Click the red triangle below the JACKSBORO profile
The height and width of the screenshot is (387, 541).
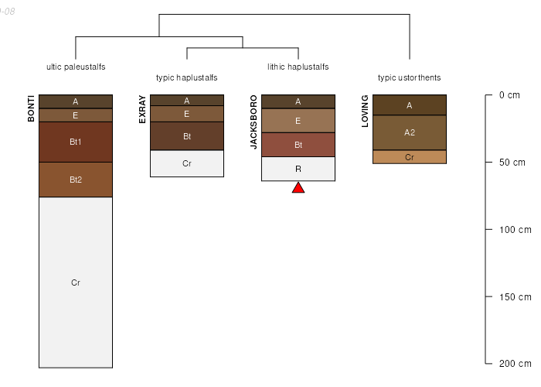[x=298, y=188]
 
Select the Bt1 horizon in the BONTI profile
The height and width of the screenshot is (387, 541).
[x=76, y=142]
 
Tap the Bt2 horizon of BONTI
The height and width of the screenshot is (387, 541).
[x=76, y=180]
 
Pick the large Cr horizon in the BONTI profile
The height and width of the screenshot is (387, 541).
[x=76, y=283]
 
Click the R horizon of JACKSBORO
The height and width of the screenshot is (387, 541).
[x=298, y=169]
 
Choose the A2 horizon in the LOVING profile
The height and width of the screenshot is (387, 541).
[x=410, y=132]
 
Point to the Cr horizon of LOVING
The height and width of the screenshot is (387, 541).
[x=410, y=157]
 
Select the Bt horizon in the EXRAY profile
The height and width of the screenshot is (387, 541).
[x=187, y=136]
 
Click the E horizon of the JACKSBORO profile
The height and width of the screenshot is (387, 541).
[x=298, y=121]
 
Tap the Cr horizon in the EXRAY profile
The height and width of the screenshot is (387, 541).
[x=187, y=163]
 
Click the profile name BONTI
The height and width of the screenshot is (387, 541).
[x=32, y=108]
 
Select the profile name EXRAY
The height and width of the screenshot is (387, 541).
[x=142, y=109]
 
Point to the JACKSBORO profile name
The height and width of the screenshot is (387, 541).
[x=253, y=122]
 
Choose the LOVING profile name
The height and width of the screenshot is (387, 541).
[x=365, y=111]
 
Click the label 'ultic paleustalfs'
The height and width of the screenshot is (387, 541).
[x=76, y=67]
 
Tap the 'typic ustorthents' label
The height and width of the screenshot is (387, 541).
[x=410, y=77]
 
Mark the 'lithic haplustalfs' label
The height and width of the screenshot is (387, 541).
[x=298, y=67]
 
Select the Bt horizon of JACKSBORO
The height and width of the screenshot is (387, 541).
[x=298, y=145]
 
